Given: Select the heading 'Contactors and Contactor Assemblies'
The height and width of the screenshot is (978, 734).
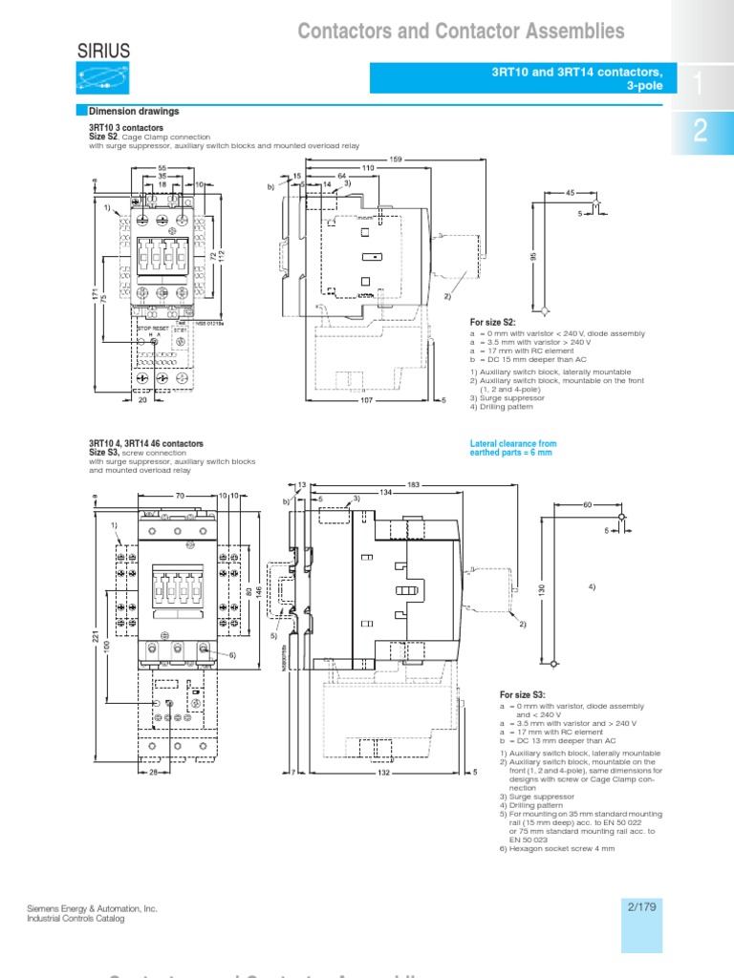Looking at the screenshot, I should (x=461, y=32).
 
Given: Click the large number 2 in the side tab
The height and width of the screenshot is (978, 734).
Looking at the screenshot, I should (x=700, y=133).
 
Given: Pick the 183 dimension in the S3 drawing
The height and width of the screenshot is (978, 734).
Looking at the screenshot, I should (x=414, y=484).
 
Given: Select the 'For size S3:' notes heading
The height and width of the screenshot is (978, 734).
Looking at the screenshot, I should (x=525, y=694).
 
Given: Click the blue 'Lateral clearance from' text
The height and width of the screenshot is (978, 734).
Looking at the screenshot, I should (x=513, y=444).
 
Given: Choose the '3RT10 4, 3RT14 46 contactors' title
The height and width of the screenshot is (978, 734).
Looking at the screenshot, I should (x=145, y=444).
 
